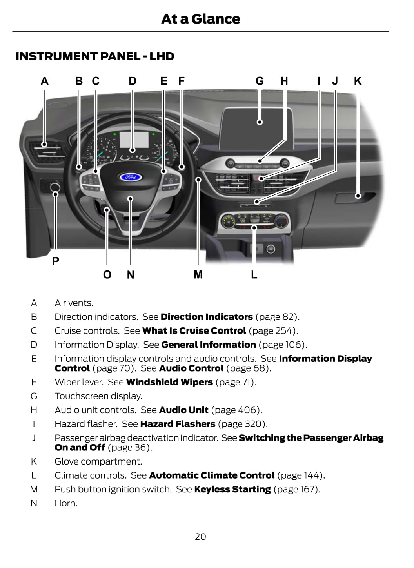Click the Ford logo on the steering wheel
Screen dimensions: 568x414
131,177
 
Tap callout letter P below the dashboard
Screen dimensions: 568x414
56,261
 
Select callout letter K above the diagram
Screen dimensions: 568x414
358,81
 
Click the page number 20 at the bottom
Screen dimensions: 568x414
200,537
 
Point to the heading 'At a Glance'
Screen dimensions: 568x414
200,19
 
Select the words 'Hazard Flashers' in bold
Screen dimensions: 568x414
178,424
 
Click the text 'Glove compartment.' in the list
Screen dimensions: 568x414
98,461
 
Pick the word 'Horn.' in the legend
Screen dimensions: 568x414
66,503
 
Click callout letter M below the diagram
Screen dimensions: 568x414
198,275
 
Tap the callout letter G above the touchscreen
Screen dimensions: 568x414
260,81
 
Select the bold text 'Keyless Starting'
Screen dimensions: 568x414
232,489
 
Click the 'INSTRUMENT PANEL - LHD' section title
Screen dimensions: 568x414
95,56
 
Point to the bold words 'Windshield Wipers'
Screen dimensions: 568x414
169,382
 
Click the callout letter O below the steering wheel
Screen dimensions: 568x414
107,275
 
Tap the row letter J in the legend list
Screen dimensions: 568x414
34,438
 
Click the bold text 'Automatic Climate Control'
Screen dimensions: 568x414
212,475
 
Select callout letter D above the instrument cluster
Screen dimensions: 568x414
133,81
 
